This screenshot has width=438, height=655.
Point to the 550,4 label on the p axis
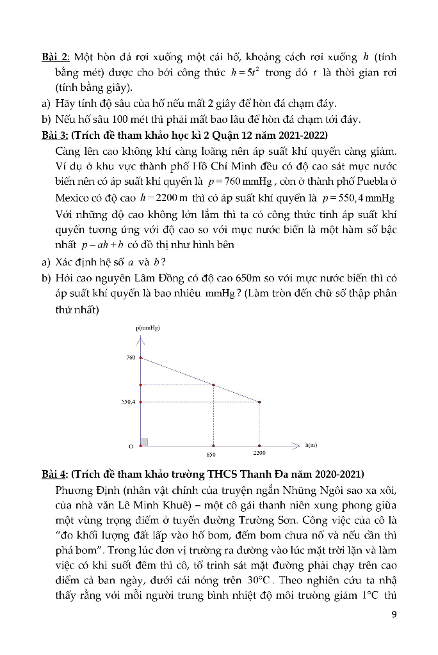click(x=128, y=402)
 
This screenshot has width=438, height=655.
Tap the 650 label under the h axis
click(x=211, y=454)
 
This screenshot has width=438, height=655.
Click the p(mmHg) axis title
click(x=148, y=327)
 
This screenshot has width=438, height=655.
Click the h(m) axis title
click(x=312, y=444)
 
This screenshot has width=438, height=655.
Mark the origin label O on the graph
click(x=131, y=446)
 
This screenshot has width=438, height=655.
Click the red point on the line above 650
click(x=213, y=384)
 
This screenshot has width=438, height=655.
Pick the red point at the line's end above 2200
click(x=259, y=402)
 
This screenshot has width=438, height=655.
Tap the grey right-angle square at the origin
click(x=144, y=441)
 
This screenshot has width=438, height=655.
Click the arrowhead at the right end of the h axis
click(x=296, y=444)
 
